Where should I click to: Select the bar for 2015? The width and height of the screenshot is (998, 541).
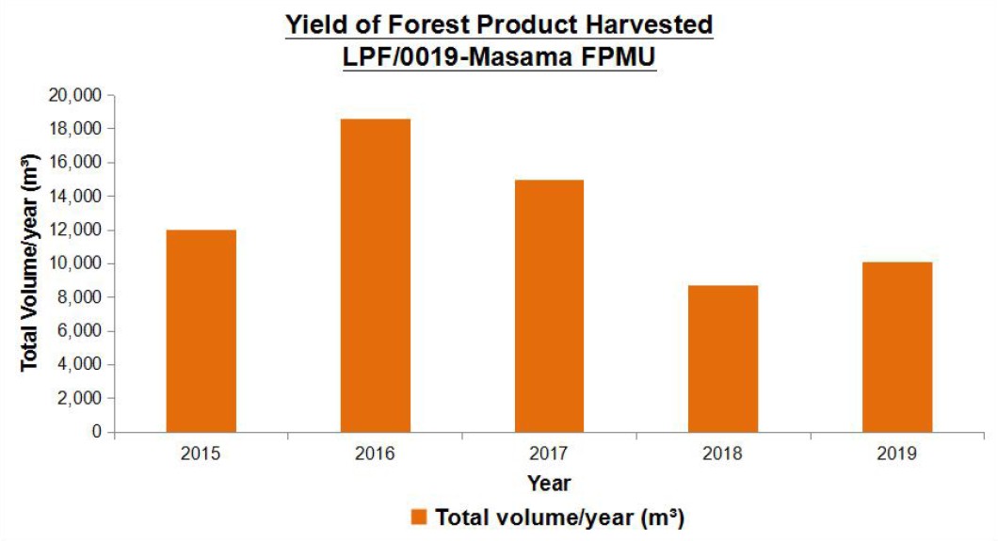pyautogui.click(x=201, y=331)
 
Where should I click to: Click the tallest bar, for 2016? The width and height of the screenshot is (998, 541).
pyautogui.click(x=376, y=276)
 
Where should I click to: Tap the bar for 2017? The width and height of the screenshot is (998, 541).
pyautogui.click(x=549, y=307)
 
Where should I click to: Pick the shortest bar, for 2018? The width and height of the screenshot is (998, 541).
pyautogui.click(x=723, y=359)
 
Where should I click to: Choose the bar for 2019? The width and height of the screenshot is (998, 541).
pyautogui.click(x=897, y=347)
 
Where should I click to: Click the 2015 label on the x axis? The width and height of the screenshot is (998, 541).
pyautogui.click(x=201, y=453)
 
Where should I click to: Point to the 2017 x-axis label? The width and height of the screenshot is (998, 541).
pyautogui.click(x=549, y=453)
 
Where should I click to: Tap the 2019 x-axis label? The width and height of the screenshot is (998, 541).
pyautogui.click(x=897, y=453)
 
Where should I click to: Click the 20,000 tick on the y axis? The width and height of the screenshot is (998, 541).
pyautogui.click(x=74, y=95)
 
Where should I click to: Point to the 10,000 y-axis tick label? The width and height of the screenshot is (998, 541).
pyautogui.click(x=74, y=263)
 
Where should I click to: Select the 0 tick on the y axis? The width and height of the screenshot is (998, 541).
pyautogui.click(x=97, y=432)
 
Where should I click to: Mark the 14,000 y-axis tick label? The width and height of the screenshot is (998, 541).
pyautogui.click(x=74, y=197)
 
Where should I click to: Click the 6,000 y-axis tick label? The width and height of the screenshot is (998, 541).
pyautogui.click(x=79, y=330)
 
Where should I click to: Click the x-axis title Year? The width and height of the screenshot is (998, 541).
pyautogui.click(x=549, y=484)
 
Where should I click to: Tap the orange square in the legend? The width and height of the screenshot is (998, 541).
pyautogui.click(x=418, y=517)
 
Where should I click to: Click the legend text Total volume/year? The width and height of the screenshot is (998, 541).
pyautogui.click(x=535, y=517)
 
